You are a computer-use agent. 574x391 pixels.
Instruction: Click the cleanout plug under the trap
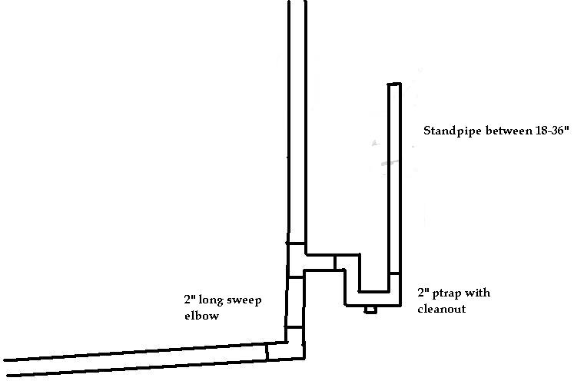(370, 310)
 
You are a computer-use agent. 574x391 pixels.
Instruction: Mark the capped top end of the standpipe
(394, 84)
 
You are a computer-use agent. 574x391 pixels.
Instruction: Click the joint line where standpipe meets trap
(394, 273)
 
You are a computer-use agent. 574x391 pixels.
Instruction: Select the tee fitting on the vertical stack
(297, 261)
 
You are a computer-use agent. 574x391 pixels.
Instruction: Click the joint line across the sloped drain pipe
(267, 353)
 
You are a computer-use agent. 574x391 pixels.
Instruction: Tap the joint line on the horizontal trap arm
(335, 263)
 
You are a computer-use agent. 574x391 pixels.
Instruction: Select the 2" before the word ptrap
(423, 293)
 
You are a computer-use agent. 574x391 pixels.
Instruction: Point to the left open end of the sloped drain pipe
(6, 368)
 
